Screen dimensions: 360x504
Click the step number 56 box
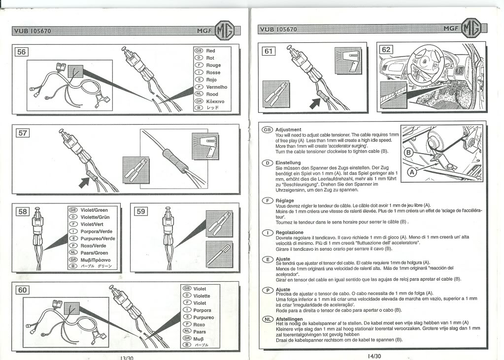[22, 52]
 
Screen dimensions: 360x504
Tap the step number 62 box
[386, 49]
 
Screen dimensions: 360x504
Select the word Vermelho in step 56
[217, 87]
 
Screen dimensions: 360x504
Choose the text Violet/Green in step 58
[94, 210]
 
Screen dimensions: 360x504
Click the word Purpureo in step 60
[203, 318]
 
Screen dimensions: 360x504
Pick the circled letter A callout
[411, 172]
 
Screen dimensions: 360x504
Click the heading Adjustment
[288, 130]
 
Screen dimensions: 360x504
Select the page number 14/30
[374, 356]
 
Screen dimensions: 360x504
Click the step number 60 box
[22, 290]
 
